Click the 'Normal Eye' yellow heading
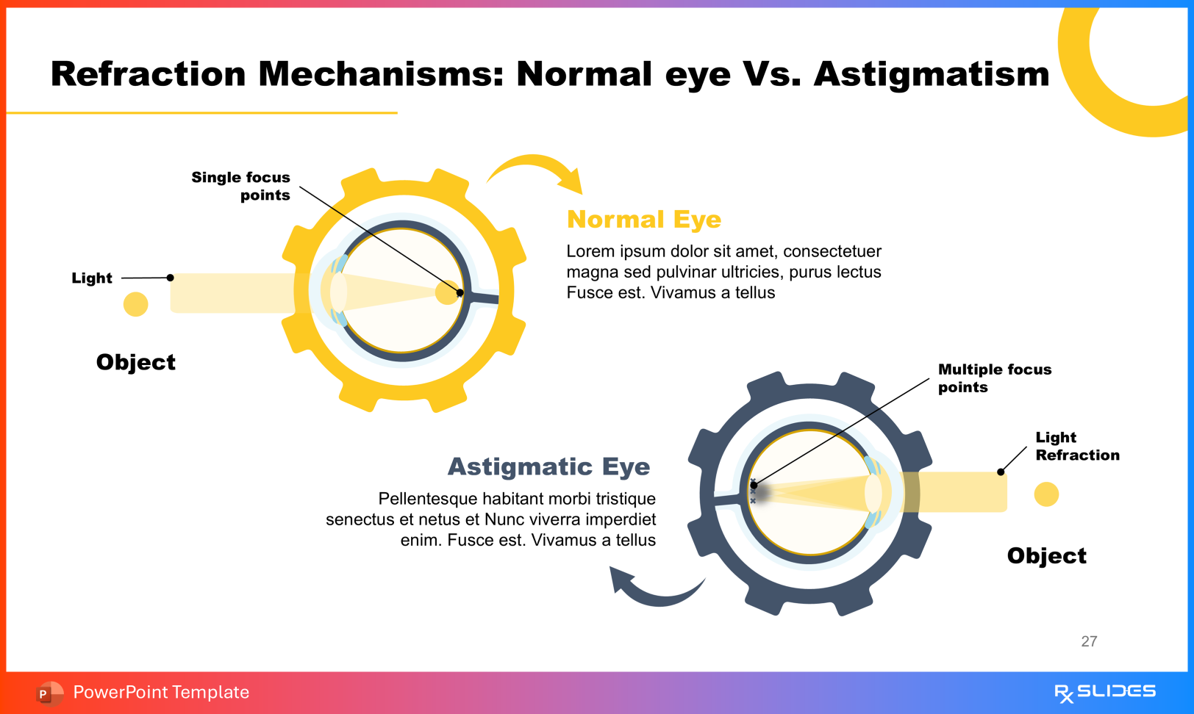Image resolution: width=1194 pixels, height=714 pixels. click(x=643, y=220)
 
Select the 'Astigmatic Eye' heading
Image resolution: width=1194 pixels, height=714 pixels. click(x=548, y=466)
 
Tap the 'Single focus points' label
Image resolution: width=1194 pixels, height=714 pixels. click(x=241, y=186)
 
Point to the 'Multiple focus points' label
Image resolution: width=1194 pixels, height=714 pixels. click(x=994, y=378)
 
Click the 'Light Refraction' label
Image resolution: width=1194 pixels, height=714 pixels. click(x=1076, y=446)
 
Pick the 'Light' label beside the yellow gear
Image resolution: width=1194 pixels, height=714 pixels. click(x=92, y=278)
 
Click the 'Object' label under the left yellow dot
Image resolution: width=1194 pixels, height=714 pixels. click(x=136, y=362)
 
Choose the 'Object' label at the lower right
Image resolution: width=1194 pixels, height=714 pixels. click(x=1046, y=556)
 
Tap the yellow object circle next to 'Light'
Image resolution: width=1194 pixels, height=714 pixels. click(x=135, y=304)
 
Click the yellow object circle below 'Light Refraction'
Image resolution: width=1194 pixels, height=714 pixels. click(x=1046, y=494)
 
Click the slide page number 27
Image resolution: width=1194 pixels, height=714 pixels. click(x=1089, y=641)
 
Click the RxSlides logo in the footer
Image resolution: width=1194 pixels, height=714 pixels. click(x=1104, y=692)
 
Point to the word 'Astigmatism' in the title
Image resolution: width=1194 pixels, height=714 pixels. click(x=932, y=74)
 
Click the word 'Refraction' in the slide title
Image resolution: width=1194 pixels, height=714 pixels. click(x=148, y=74)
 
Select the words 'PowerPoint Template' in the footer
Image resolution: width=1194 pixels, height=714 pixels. click(x=161, y=692)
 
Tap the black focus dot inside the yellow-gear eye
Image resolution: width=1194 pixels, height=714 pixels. click(x=460, y=292)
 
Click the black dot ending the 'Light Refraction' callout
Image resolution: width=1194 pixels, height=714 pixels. click(x=1001, y=472)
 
